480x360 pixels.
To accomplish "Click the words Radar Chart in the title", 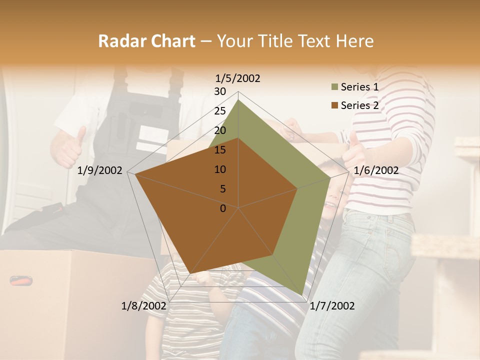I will tap(146, 41).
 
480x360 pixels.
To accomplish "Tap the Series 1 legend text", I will tap(359, 87).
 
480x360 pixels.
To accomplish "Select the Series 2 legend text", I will tap(359, 105).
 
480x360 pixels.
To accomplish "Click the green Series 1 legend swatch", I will tap(334, 87).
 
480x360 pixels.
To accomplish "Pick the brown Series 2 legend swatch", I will tap(334, 105).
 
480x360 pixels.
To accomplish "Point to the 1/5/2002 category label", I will tap(238, 78).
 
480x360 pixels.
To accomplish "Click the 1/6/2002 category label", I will tap(376, 170).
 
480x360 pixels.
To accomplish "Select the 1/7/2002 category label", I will tap(332, 306).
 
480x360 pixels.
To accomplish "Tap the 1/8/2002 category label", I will tap(144, 306).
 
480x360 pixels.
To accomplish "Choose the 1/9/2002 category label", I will tap(100, 170).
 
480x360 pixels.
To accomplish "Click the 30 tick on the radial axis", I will tap(220, 91).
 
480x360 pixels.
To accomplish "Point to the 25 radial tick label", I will tap(220, 111).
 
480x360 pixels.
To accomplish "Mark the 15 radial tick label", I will tap(220, 150).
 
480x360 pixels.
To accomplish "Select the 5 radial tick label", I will tap(223, 189).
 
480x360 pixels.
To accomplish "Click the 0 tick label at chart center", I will tap(223, 208).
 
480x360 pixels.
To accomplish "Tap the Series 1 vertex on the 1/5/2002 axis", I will tap(238, 99).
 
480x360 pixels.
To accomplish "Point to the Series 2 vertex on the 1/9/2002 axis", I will tap(135, 174).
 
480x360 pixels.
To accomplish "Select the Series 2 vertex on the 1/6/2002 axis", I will tap(297, 188).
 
